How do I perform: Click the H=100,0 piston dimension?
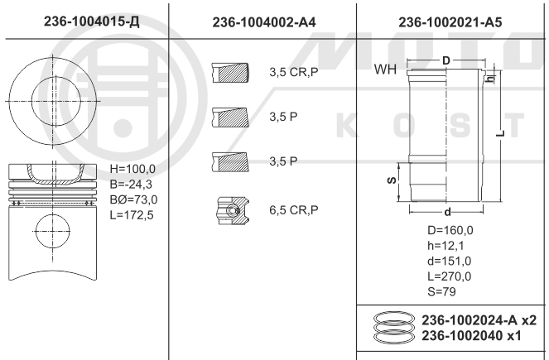click(133, 169)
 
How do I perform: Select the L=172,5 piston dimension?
click(133, 214)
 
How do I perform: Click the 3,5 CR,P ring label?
click(293, 73)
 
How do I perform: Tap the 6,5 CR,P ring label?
click(293, 210)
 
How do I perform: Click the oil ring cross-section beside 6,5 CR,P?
click(233, 211)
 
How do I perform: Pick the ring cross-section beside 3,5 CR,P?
click(231, 73)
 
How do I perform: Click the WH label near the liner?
click(385, 70)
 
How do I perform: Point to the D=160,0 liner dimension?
click(450, 230)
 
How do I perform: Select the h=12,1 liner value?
click(446, 246)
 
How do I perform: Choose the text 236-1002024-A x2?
click(479, 319)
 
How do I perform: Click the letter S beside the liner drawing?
click(391, 179)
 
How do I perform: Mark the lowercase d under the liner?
click(446, 212)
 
